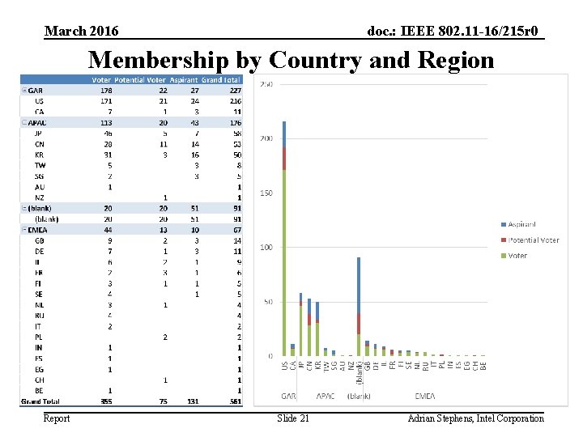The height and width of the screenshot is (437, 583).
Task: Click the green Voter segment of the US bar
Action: click(x=284, y=259)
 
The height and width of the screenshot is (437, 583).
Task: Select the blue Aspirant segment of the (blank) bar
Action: click(x=359, y=283)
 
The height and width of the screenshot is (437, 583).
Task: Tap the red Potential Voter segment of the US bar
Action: click(x=284, y=158)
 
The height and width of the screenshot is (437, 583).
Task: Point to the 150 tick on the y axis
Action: click(x=266, y=193)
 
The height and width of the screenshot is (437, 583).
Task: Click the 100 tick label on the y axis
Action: click(x=266, y=247)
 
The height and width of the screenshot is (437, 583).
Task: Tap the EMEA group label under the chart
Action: click(x=424, y=397)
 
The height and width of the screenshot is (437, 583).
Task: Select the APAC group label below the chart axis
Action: click(x=325, y=397)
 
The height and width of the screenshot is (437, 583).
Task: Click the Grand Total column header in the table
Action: click(x=221, y=79)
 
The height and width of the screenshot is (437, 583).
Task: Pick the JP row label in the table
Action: click(x=39, y=132)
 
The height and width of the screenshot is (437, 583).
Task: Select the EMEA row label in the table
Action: click(x=36, y=230)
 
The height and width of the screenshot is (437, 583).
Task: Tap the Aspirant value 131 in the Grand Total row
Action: click(x=191, y=401)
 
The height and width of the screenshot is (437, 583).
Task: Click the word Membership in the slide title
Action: click(x=160, y=60)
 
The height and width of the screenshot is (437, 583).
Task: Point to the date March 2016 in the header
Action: click(x=82, y=31)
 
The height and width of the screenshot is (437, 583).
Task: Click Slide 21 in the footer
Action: click(x=292, y=418)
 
